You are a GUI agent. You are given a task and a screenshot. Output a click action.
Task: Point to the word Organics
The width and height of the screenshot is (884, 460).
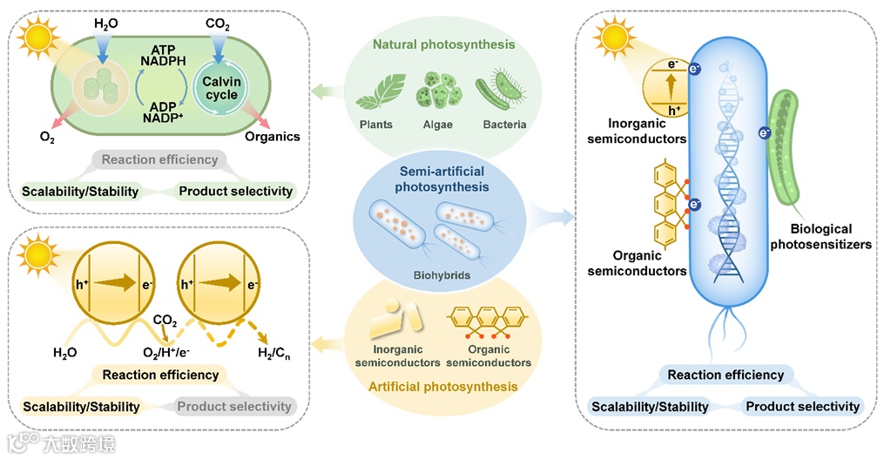pos(273,136)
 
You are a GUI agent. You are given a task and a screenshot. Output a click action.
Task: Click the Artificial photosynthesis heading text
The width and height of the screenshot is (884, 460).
pos(442,386)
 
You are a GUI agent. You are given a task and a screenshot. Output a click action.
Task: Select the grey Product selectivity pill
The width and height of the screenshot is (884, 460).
pos(234,406)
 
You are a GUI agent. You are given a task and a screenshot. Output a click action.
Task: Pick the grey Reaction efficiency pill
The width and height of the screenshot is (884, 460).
pos(159,159)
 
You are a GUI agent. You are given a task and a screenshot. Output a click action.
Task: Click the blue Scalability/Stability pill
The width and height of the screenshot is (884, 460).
pos(650,406)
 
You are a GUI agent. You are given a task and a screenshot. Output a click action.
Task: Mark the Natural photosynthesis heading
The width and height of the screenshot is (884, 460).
pos(443,44)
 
